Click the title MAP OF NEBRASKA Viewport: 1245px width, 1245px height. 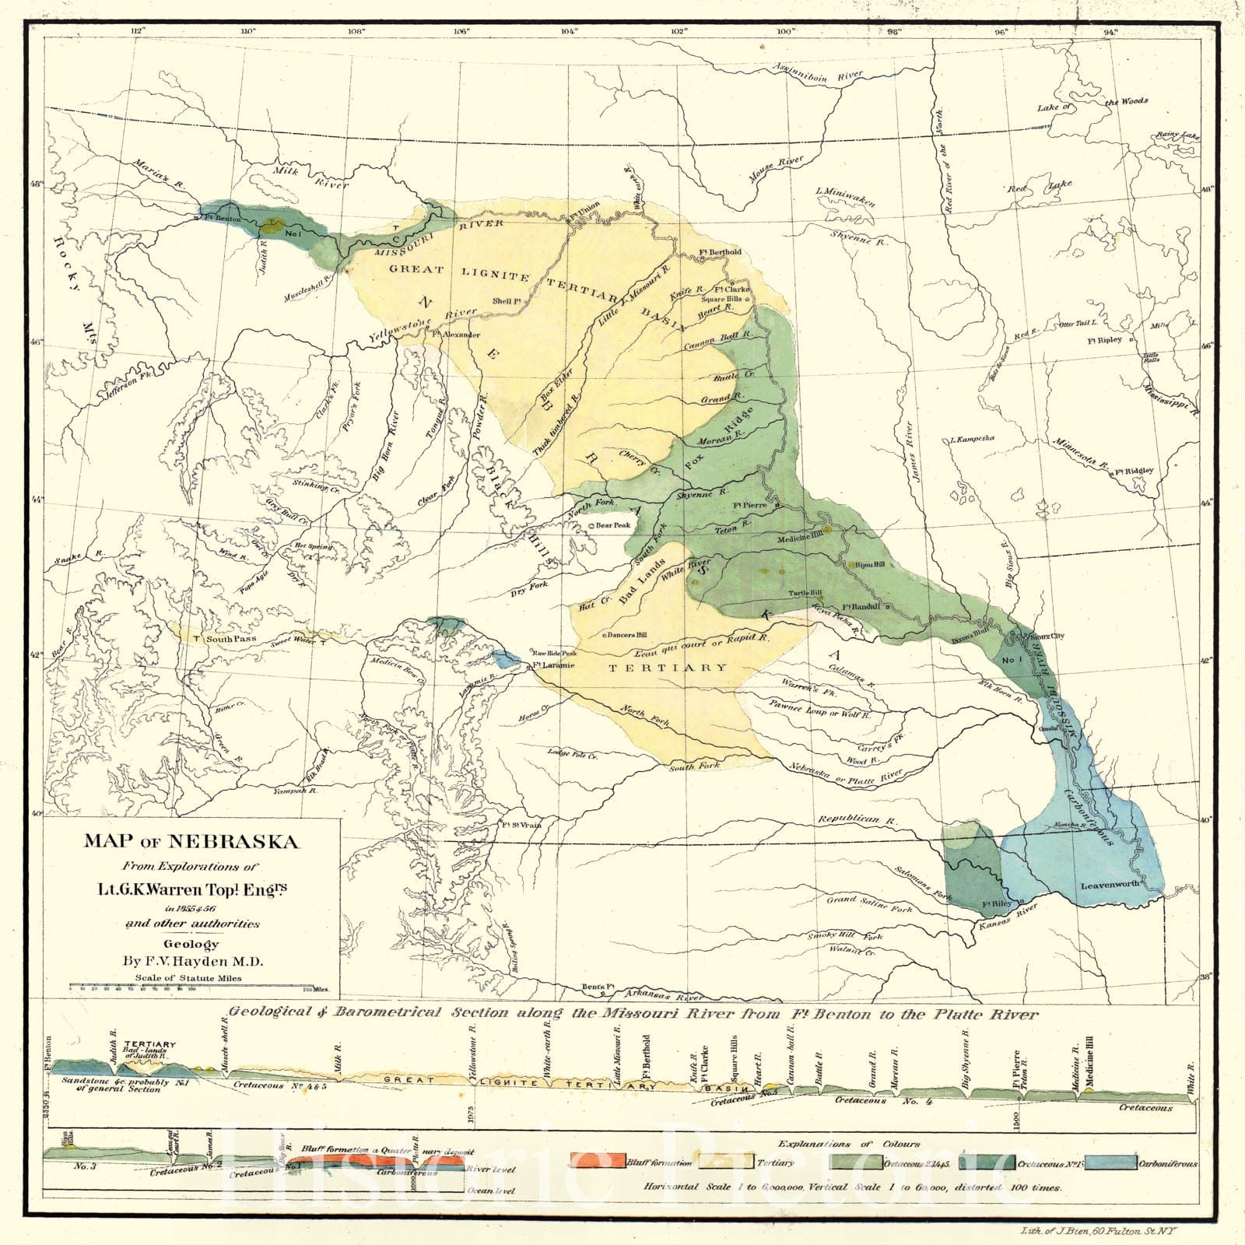191,842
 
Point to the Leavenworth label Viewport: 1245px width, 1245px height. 1110,886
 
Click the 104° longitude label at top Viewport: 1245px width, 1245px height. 569,32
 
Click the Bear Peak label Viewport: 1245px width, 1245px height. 612,526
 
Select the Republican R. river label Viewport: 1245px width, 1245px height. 848,820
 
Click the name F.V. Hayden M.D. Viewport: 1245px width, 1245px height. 192,961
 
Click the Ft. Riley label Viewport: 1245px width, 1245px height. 997,904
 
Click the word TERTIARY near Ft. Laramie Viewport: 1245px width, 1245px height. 668,668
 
